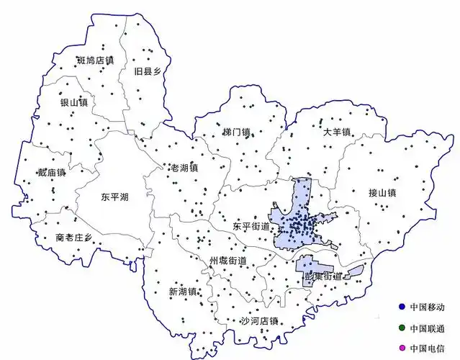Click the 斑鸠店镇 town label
click(96, 60)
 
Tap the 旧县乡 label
click(148, 71)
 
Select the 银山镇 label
click(73, 103)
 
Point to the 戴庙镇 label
click(52, 172)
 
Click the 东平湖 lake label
click(115, 196)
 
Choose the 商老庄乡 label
click(74, 238)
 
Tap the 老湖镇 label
click(184, 168)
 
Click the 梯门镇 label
click(236, 132)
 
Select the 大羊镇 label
click(336, 132)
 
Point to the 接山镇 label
click(382, 192)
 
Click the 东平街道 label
click(251, 226)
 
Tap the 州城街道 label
click(228, 260)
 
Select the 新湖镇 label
click(183, 292)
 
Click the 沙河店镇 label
click(259, 321)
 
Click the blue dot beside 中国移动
click(402, 307)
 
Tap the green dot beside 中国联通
click(402, 328)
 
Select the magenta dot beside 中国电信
click(402, 349)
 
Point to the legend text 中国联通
click(428, 328)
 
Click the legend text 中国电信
click(428, 349)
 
